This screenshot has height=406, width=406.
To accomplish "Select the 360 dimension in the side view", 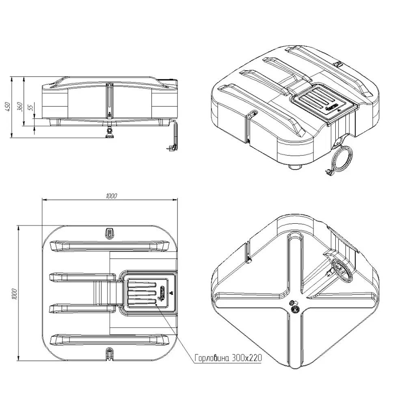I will coord(19,106).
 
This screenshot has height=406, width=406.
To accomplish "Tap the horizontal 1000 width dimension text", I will coord(111,196).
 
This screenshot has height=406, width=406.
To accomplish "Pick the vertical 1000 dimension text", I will coord(14,294).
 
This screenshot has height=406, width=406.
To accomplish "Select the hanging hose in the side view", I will coord(174,136).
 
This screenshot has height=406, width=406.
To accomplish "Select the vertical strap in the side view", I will coord(109,99).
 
